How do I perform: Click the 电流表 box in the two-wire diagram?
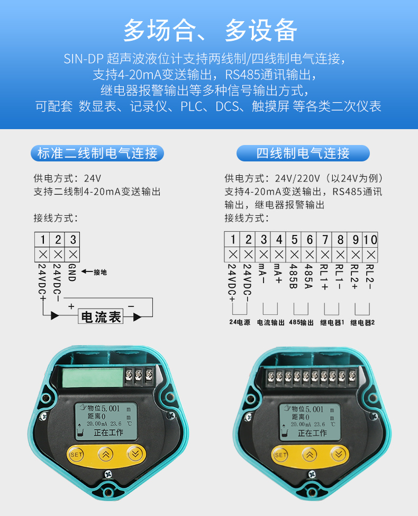[x=101, y=316]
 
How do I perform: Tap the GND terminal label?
[x=72, y=273]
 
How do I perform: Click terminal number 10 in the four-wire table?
[x=370, y=240]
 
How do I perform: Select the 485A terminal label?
[x=308, y=276]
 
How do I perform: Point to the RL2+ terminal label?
[x=355, y=277]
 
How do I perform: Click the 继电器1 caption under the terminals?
[x=332, y=323]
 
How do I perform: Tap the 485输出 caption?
[x=301, y=322]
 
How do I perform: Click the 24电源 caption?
[x=240, y=322]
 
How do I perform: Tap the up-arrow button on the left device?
[x=106, y=455]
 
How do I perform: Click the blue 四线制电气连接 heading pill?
[x=303, y=153]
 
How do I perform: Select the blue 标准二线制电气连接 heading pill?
[x=97, y=153]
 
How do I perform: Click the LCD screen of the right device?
[x=310, y=422]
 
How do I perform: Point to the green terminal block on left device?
[x=93, y=377]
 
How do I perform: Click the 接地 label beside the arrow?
[x=100, y=272]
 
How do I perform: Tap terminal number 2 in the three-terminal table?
[x=58, y=240]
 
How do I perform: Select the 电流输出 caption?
[x=270, y=323]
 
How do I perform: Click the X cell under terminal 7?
[x=325, y=255]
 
